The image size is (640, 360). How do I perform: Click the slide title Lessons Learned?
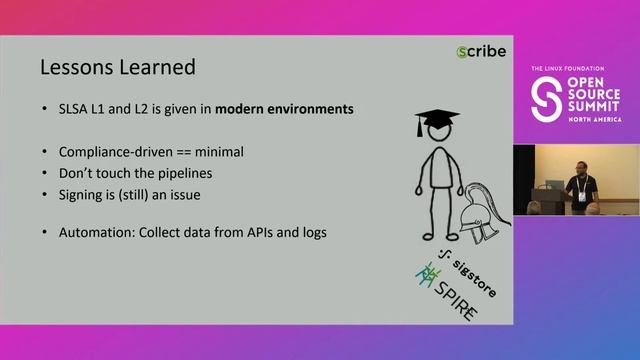pyautogui.click(x=116, y=68)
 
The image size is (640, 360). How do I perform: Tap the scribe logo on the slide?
pyautogui.click(x=481, y=51)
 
